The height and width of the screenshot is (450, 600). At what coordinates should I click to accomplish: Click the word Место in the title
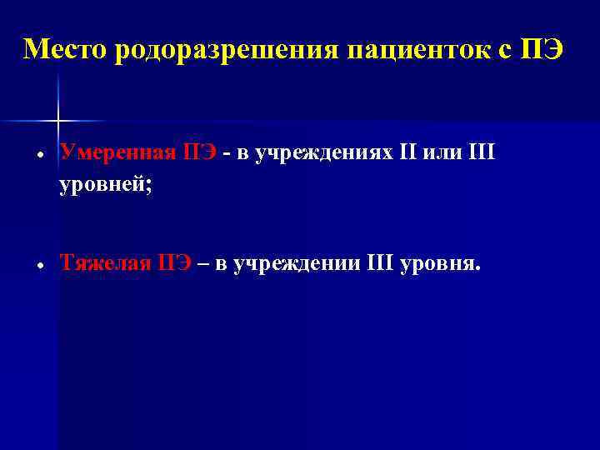click(67, 50)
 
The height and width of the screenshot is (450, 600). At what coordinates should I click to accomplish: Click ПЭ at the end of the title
click(542, 50)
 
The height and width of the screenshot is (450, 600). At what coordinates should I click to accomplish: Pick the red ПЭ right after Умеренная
click(200, 152)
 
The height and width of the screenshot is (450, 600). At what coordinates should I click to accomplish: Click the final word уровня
click(441, 265)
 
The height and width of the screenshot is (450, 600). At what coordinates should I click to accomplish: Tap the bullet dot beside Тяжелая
click(40, 267)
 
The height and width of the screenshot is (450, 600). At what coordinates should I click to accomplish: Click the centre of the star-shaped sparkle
click(58, 120)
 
